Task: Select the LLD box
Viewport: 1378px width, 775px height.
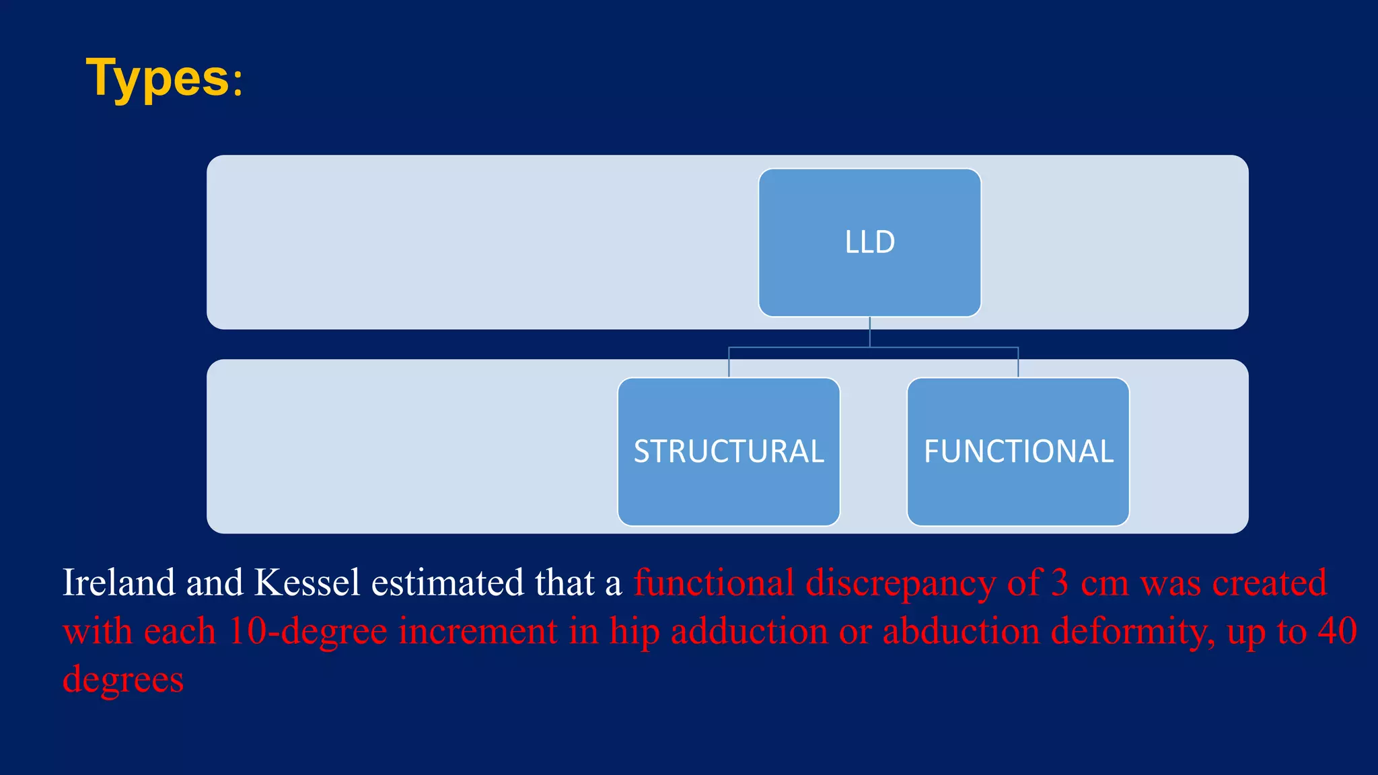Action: tap(869, 242)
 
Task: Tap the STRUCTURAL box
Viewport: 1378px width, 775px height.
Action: tap(729, 451)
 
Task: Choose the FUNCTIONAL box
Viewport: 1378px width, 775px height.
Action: tap(1018, 451)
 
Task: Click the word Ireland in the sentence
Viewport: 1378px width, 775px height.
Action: tap(118, 583)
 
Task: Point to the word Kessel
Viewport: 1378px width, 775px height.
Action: tap(307, 583)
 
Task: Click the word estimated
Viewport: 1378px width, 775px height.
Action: tap(447, 583)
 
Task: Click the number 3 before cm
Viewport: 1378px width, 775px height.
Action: tap(1060, 583)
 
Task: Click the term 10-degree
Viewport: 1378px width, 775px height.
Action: tap(307, 632)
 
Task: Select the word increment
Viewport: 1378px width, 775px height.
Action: tap(478, 632)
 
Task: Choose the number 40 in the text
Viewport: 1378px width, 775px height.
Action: tap(1337, 631)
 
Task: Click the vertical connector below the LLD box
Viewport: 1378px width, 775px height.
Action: tap(870, 332)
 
